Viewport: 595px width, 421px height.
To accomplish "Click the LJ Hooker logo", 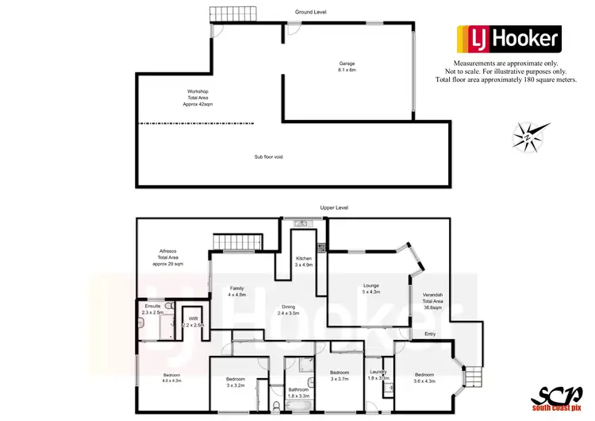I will (508, 38).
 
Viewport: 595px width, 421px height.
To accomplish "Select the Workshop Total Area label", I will (198, 98).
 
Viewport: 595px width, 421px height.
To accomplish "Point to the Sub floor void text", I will (268, 156).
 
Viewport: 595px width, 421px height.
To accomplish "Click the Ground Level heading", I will (310, 12).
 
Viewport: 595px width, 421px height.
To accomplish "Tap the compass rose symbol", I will (527, 136).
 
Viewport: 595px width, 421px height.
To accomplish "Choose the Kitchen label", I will (304, 262).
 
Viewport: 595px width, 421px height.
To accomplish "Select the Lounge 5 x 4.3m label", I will (371, 289).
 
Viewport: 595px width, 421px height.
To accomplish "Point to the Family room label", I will (236, 291).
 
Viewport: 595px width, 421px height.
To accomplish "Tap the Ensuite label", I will (153, 310).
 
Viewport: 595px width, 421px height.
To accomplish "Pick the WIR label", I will (194, 322).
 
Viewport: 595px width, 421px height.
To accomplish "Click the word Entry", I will (430, 334).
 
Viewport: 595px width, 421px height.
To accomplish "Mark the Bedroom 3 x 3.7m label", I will (340, 376).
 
